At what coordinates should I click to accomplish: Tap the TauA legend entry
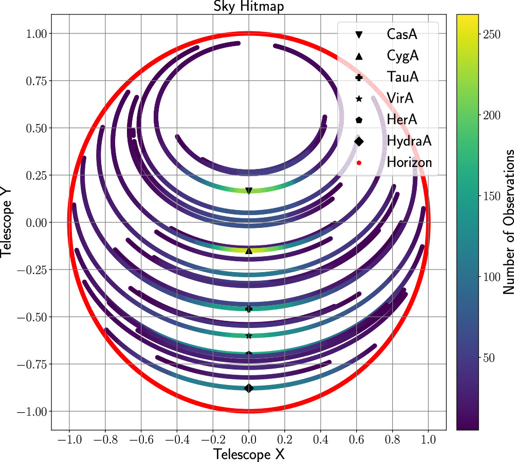point(402,77)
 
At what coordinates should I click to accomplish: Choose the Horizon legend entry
point(409,162)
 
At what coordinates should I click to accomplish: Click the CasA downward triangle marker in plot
point(249,191)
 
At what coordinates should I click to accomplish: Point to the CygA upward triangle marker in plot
point(249,251)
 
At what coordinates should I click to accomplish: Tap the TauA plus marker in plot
point(249,309)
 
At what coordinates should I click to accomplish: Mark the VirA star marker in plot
point(249,336)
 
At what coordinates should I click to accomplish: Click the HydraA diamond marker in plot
point(249,388)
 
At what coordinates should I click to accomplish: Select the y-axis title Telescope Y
point(7,222)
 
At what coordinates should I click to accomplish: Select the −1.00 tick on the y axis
point(34,412)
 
